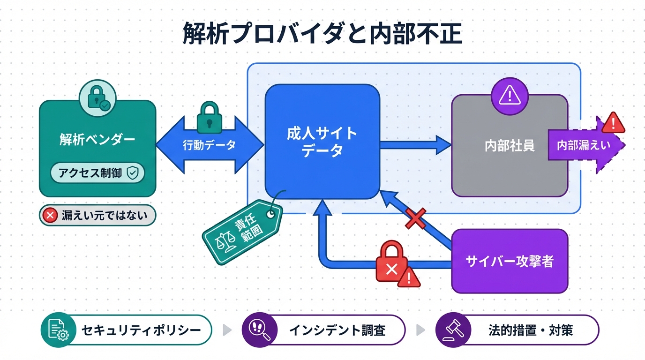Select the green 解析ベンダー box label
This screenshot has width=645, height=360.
point(97,139)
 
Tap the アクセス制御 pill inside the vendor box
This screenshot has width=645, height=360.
point(97,173)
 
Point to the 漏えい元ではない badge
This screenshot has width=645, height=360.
point(97,216)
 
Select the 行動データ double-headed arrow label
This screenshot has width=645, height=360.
point(209,145)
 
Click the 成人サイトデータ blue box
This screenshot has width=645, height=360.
point(322,142)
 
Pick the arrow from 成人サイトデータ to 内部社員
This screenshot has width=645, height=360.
point(415,145)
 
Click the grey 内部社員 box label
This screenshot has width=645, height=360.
point(510,146)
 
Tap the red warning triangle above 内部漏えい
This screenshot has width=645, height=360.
point(613,123)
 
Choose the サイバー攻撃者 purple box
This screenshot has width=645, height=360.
point(510,261)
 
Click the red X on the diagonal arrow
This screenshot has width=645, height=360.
point(415,218)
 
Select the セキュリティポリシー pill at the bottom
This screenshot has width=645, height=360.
point(127,330)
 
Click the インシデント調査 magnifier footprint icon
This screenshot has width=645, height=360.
point(257,330)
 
